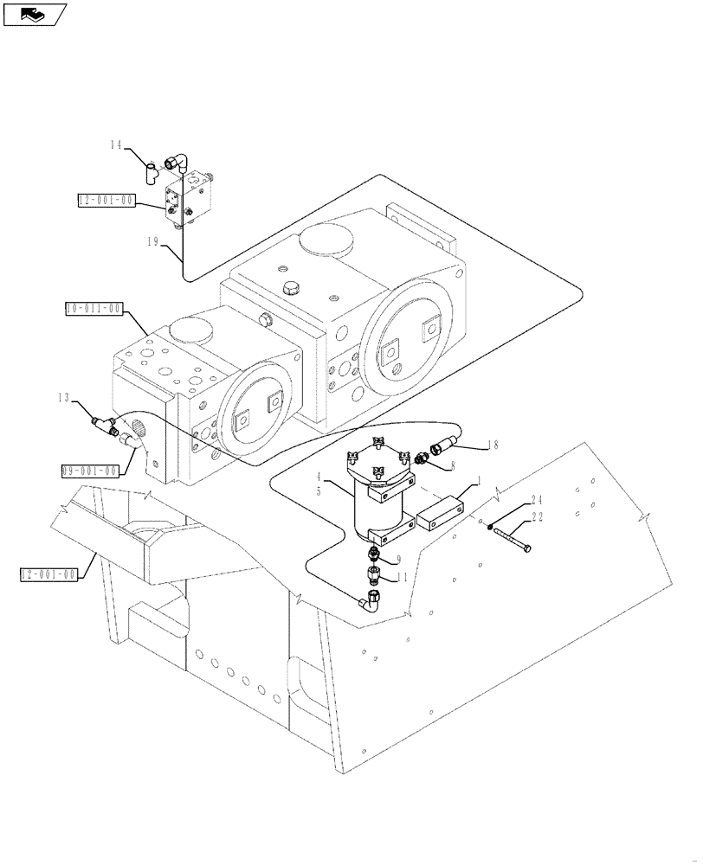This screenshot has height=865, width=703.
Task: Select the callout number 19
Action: [x=152, y=243]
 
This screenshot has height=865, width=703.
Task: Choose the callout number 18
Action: [x=493, y=445]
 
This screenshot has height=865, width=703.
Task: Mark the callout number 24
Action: [x=536, y=498]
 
